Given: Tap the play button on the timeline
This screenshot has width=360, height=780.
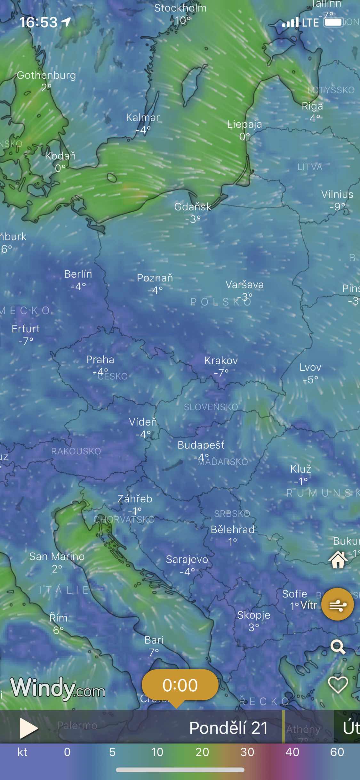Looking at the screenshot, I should [x=28, y=728].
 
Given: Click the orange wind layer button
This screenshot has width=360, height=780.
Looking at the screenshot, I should [x=338, y=605].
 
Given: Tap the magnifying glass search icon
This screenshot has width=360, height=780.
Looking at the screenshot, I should [x=338, y=646].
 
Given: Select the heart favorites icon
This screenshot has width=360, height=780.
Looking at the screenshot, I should [x=338, y=685].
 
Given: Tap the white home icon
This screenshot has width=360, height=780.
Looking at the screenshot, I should [x=338, y=560].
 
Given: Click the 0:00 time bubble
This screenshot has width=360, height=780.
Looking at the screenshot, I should [x=180, y=685].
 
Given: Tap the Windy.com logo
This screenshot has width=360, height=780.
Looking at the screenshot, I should [x=58, y=688].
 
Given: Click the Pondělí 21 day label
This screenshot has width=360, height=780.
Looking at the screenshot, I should [x=228, y=728].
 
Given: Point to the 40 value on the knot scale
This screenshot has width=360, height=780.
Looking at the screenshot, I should [x=292, y=752].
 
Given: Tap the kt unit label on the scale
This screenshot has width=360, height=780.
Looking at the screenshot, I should [x=22, y=752].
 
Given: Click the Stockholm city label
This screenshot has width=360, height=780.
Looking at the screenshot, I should [x=180, y=8].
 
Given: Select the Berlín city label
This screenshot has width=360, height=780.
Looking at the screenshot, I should [x=78, y=274].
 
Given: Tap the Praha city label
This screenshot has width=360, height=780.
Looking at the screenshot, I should [x=100, y=360].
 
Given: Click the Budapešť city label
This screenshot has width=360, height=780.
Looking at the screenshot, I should [x=201, y=445].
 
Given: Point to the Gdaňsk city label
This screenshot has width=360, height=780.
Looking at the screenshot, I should [x=193, y=207].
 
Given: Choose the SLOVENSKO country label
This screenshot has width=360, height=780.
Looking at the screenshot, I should [x=211, y=407].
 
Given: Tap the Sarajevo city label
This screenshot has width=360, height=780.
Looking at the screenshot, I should [x=187, y=559].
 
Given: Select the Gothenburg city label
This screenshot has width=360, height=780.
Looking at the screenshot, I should [x=46, y=75].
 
